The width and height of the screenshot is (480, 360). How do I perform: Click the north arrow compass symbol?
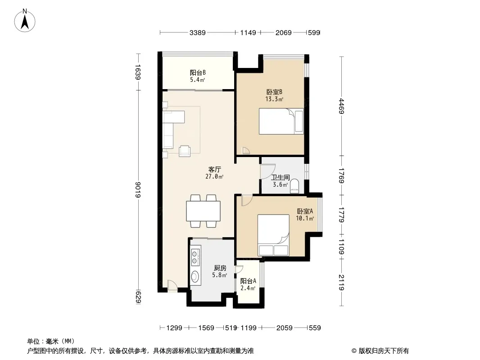[25, 21]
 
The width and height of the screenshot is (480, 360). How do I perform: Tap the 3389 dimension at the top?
[198, 32]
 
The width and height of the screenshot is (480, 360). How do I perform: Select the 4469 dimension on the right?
[342, 106]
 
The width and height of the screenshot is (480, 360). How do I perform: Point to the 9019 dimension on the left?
[138, 189]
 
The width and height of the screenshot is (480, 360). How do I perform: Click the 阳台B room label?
[198, 73]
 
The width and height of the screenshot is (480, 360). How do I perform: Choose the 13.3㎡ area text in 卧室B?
[274, 99]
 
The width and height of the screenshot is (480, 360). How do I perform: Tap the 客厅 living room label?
[215, 170]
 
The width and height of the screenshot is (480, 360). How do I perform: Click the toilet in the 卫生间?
[294, 186]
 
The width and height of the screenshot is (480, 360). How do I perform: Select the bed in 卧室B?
[281, 121]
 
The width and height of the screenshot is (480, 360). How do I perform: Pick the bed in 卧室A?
[273, 235]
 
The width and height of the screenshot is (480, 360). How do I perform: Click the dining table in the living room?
[203, 211]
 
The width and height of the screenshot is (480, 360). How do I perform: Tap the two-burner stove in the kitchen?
[195, 257]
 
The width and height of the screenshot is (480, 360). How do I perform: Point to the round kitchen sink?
[195, 276]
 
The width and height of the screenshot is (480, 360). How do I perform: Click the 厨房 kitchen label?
[220, 268]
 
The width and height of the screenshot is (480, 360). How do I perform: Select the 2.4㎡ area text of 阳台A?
[248, 288]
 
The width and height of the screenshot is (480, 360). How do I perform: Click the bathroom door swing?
[267, 171]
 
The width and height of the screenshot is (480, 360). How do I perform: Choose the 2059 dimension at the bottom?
[285, 328]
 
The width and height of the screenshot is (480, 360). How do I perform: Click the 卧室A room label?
[305, 211]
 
